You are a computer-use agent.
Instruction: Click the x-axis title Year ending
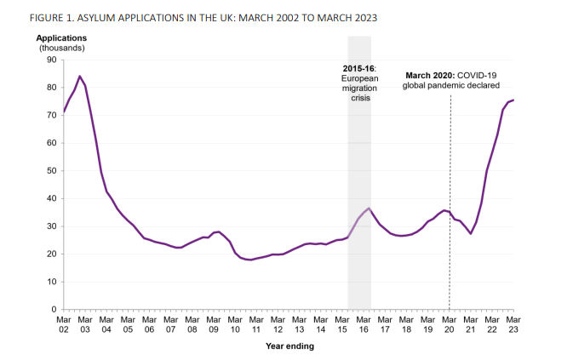[x=289, y=346]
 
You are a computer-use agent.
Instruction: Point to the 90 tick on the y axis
[x=50, y=60]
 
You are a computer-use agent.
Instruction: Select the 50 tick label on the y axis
[x=50, y=171]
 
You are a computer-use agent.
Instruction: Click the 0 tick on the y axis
[x=53, y=310]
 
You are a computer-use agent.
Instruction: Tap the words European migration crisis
[x=358, y=88]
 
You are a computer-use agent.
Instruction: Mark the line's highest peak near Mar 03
[x=79, y=77]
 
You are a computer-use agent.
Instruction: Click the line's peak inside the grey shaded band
[x=369, y=209]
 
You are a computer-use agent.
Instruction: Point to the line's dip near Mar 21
[x=471, y=233]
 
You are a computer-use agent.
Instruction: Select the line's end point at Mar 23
[x=513, y=100]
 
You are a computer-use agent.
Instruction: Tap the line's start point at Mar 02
[x=63, y=112]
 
